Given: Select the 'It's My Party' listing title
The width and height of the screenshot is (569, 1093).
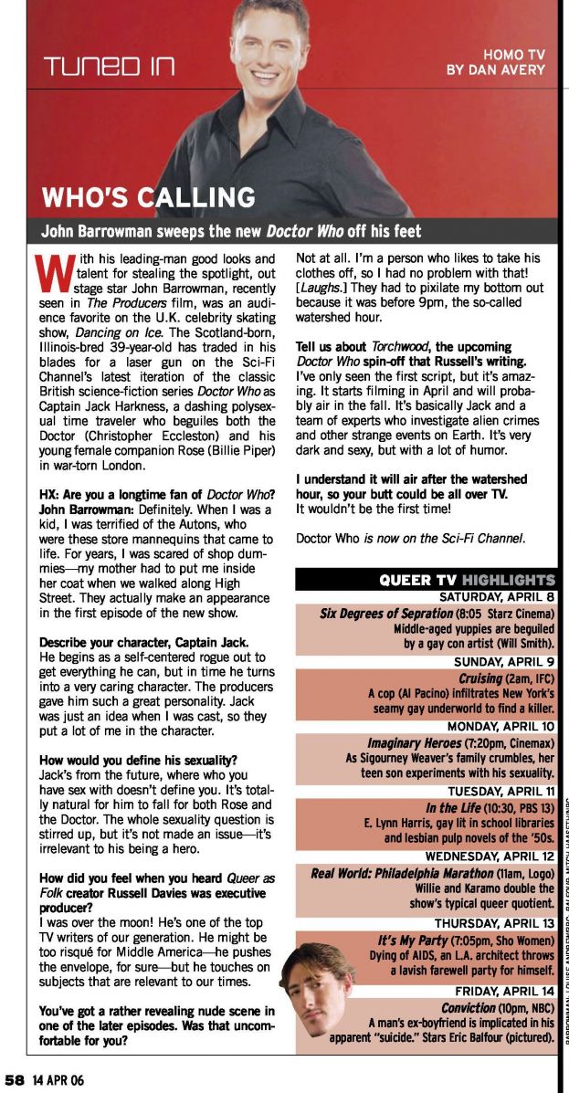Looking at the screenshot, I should [x=416, y=939].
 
